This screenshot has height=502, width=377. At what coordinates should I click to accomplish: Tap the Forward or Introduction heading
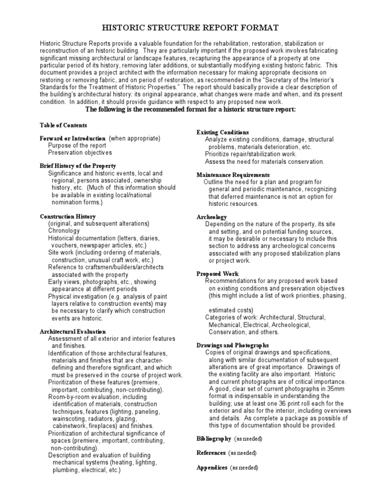click(73, 139)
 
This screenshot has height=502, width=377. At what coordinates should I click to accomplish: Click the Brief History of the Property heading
click(78, 166)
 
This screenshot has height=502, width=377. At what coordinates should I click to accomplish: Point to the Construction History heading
click(68, 216)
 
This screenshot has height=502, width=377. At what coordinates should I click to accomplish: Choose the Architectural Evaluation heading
click(72, 332)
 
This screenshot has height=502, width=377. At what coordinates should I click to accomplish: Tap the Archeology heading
click(212, 217)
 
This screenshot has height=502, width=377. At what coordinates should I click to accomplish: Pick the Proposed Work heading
click(217, 274)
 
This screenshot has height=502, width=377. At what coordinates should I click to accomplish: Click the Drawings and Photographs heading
click(233, 346)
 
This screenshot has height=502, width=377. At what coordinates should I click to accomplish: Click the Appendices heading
click(212, 468)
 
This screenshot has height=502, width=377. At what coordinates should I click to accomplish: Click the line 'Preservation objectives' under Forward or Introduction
click(80, 152)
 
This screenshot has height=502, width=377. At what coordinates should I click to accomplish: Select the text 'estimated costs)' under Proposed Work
click(231, 310)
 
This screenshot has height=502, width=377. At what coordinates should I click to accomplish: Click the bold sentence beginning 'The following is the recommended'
click(190, 109)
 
